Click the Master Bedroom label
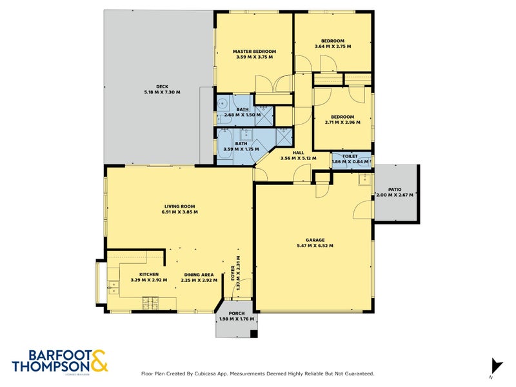(254, 52)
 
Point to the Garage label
(315, 240)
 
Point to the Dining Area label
(199, 274)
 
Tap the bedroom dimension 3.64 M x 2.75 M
(333, 46)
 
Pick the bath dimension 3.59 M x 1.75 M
(242, 149)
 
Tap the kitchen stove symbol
(150, 300)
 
